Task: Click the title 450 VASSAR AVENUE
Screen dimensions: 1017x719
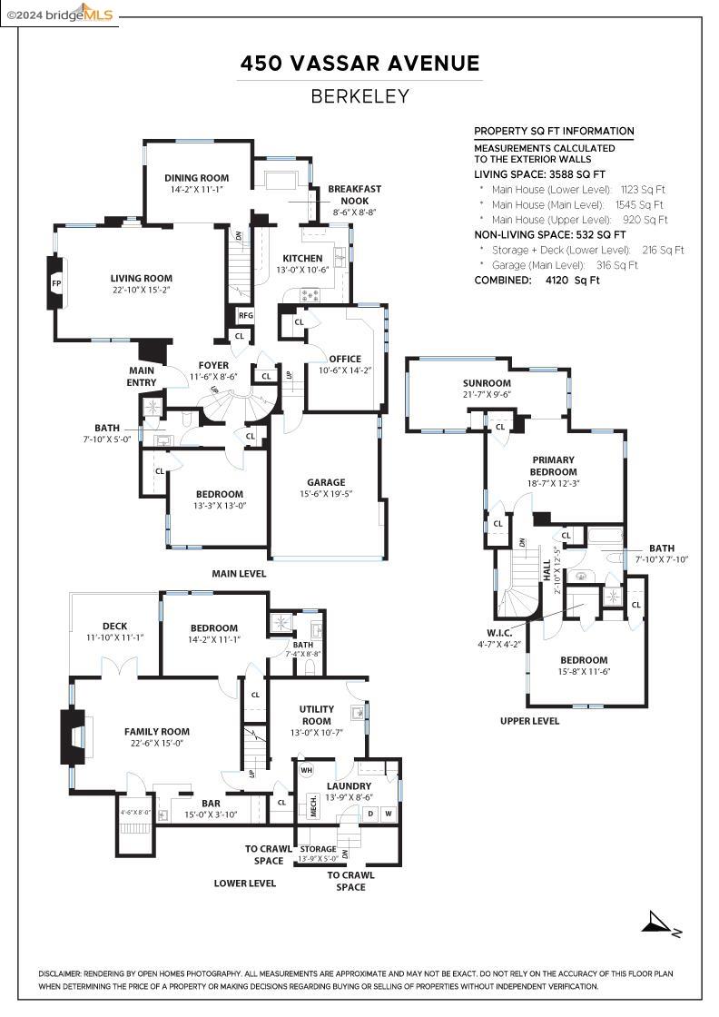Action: point(359,64)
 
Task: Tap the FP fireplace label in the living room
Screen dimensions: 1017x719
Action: point(56,283)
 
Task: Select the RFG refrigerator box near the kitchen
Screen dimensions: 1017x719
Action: point(245,315)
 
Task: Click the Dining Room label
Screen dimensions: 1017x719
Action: point(196,178)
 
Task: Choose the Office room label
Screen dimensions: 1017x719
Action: point(345,359)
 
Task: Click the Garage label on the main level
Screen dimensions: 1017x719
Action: point(326,482)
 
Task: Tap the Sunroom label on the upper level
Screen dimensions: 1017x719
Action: point(488,383)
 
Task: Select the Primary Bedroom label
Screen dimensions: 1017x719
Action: point(554,466)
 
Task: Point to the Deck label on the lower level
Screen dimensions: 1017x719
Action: point(114,626)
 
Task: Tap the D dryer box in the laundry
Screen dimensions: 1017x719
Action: point(369,814)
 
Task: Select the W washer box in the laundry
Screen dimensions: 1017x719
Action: point(388,814)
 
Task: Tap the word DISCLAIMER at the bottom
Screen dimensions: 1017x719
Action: point(60,973)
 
